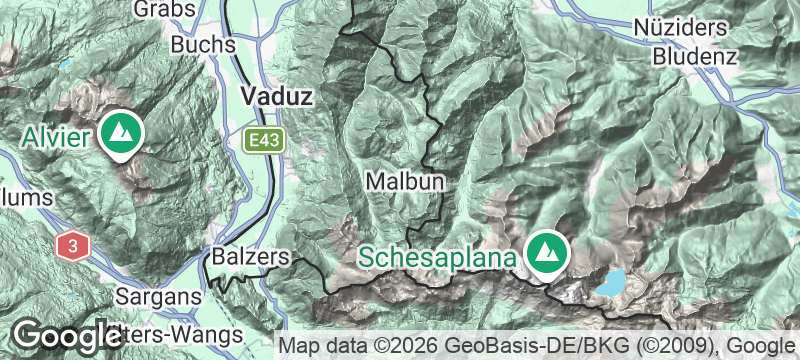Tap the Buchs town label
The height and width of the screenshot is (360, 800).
tap(203, 45)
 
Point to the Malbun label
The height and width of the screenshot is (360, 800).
tap(404, 181)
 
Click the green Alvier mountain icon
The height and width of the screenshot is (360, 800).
tap(121, 133)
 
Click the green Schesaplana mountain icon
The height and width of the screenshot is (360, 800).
tap(547, 253)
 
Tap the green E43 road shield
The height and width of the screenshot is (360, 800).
tap(265, 140)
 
